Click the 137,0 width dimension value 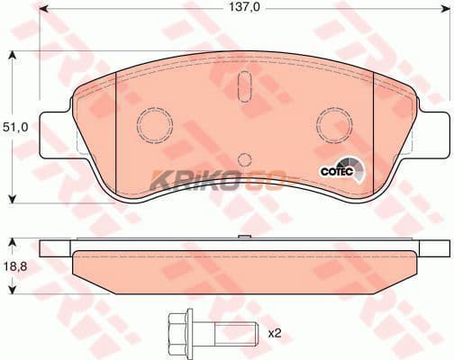click(x=244, y=8)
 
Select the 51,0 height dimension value click(x=15, y=128)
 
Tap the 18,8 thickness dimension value click(x=15, y=265)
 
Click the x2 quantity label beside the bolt click(x=274, y=333)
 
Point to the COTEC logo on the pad click(x=342, y=170)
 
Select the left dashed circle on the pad click(x=155, y=124)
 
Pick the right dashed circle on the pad click(x=335, y=124)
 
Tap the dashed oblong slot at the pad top click(x=245, y=86)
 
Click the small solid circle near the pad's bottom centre click(x=245, y=159)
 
